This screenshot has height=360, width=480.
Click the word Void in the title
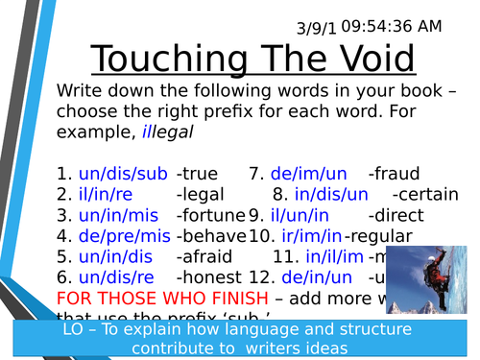[x=370, y=60]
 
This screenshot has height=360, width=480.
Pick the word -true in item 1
[x=198, y=174]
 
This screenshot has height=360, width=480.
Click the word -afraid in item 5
[x=204, y=256]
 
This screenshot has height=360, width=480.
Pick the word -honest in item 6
[x=207, y=276]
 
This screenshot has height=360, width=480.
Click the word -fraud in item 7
[x=394, y=174]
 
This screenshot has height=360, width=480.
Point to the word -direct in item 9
[x=397, y=215]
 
